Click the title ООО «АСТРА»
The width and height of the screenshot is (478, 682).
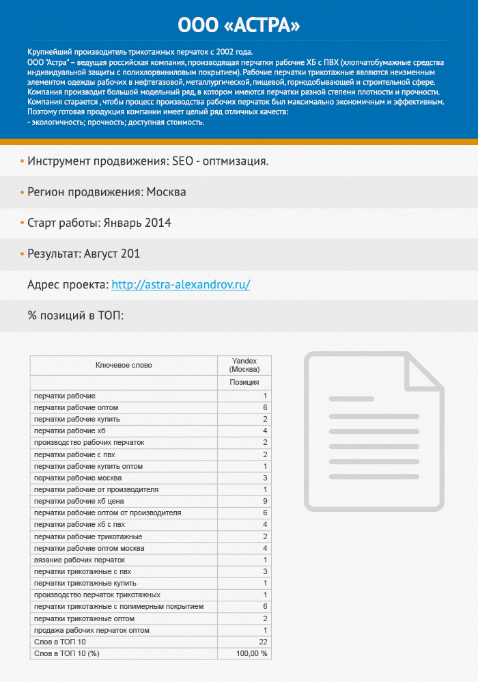[x=238, y=25]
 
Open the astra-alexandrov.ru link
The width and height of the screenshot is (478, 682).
[x=180, y=285]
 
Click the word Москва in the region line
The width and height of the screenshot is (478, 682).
[x=166, y=192]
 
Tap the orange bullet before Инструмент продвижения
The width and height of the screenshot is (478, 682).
[x=22, y=161]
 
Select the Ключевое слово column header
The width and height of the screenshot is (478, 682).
[x=124, y=365]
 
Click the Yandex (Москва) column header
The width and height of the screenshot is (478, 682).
[x=244, y=365]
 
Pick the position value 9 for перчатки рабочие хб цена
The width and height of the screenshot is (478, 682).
[x=264, y=501]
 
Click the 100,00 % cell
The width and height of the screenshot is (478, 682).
[x=252, y=653]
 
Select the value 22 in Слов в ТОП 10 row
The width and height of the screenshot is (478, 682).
[x=263, y=642]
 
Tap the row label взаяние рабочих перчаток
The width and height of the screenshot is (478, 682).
[x=79, y=560]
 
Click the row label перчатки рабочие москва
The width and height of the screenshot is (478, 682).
[x=78, y=478]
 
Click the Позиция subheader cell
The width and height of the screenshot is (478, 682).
[x=244, y=383]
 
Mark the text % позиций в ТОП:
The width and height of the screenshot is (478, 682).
[x=75, y=316]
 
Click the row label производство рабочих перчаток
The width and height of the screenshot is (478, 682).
[x=89, y=443]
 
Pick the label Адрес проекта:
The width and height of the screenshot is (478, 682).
[x=67, y=285]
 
